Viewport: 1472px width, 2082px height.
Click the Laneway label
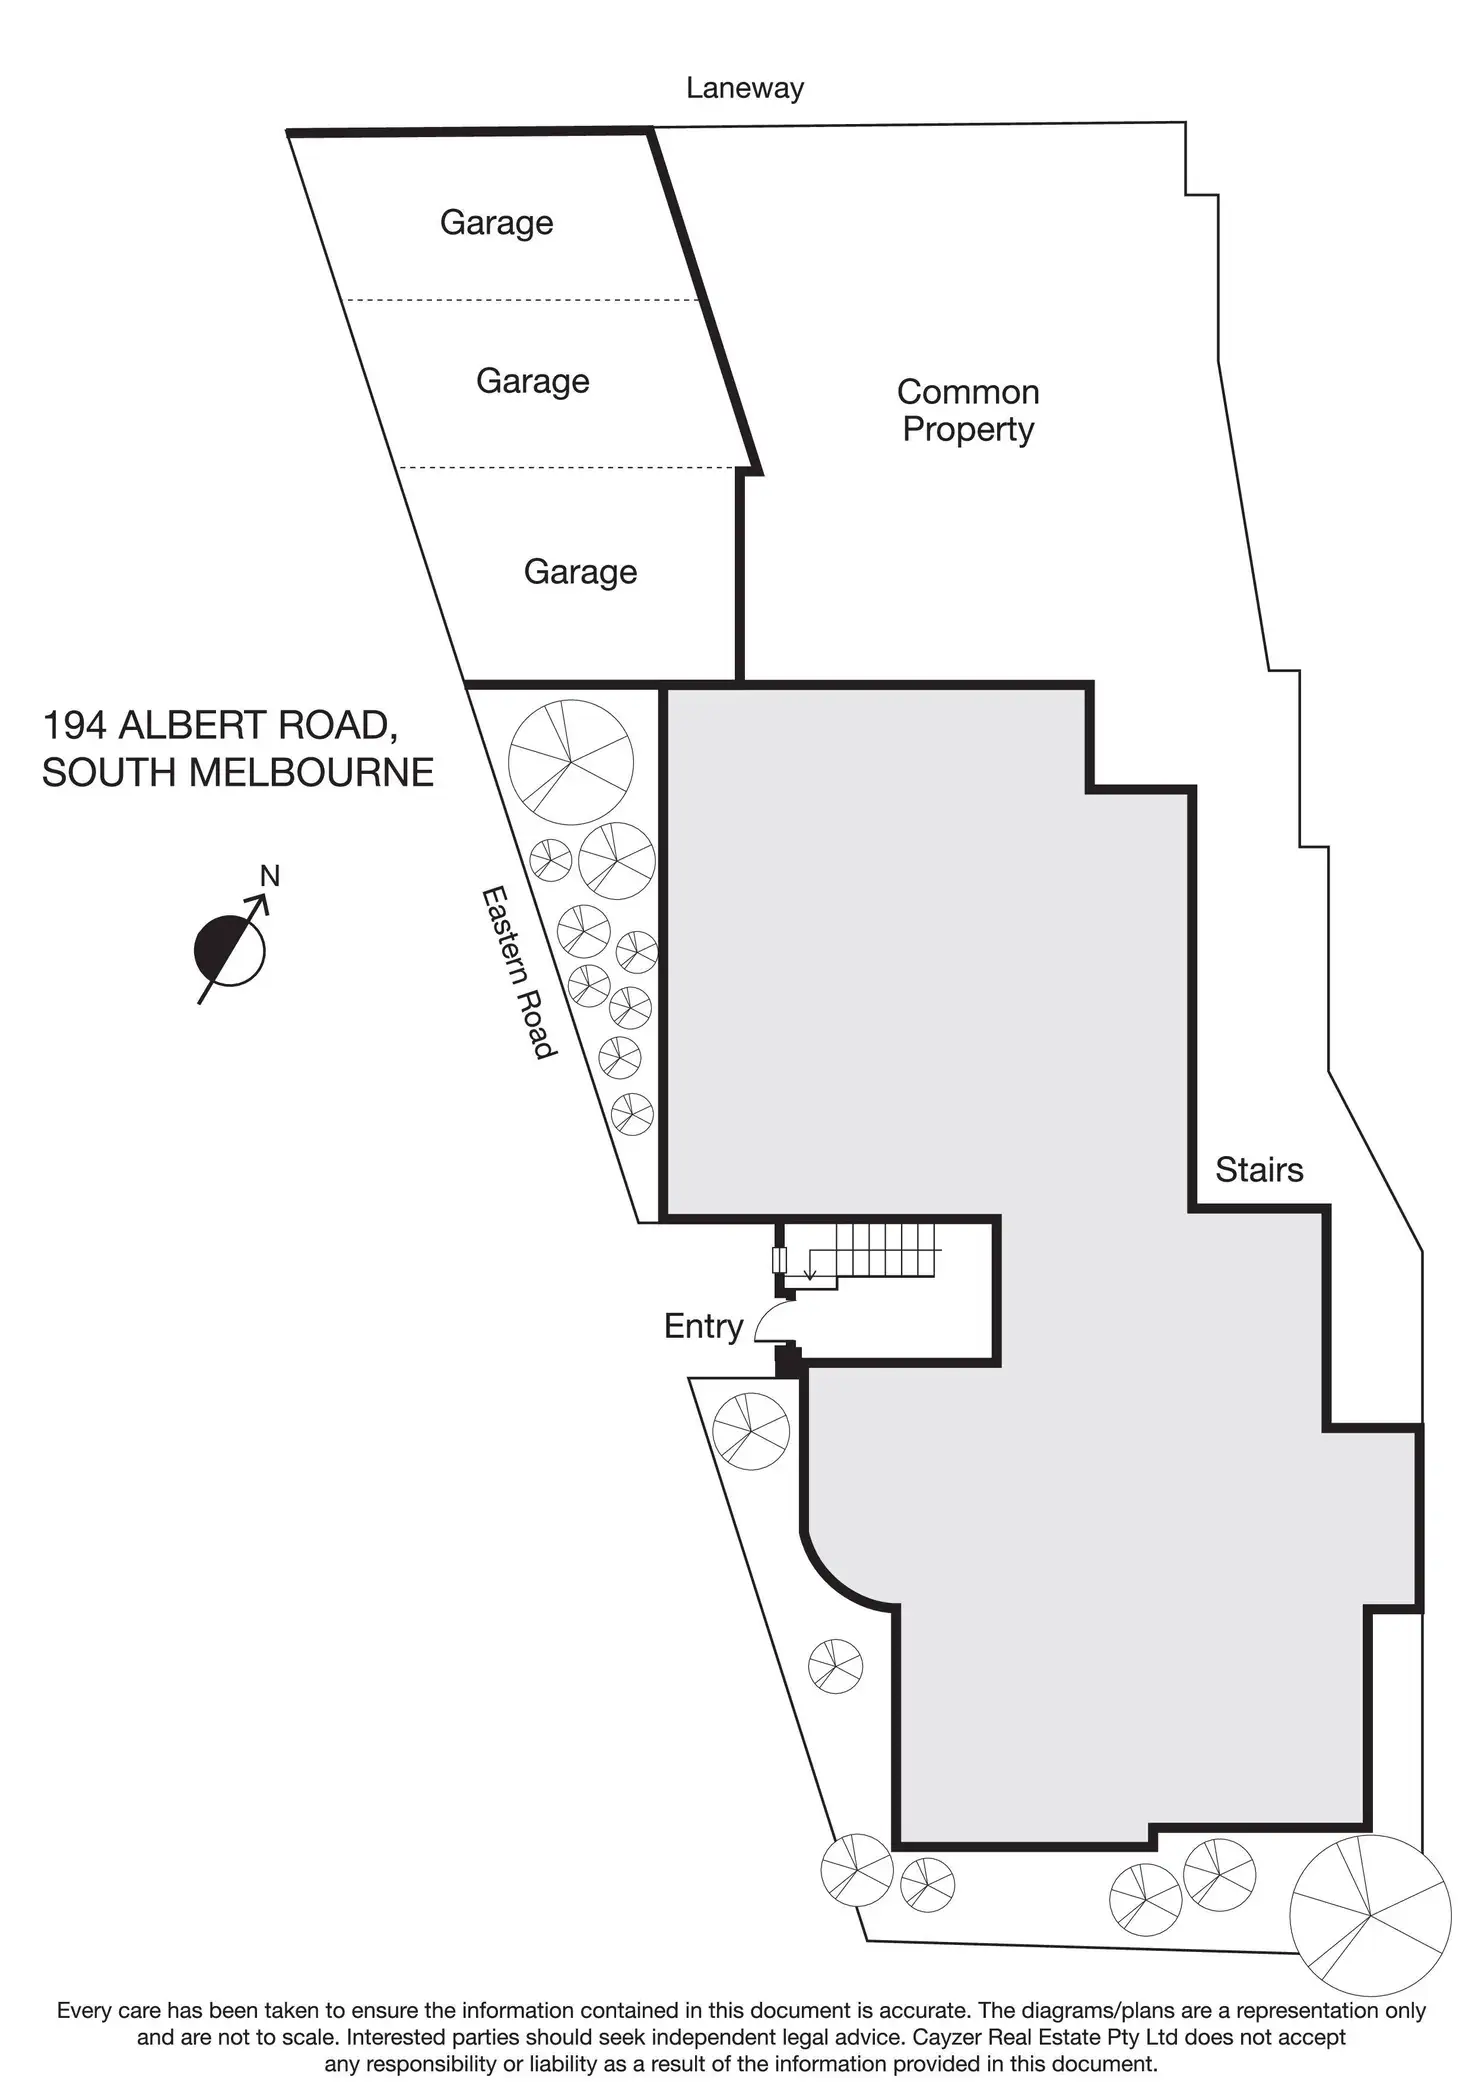744,88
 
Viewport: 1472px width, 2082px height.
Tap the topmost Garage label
496,222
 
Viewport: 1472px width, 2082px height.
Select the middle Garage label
532,381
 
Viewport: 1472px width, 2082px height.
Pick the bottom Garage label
580,571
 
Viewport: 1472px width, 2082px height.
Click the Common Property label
967,410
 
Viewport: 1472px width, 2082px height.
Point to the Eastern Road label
518,971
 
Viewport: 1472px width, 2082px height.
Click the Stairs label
1259,1169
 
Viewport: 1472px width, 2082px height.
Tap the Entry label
703,1326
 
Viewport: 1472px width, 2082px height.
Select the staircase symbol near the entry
870,1252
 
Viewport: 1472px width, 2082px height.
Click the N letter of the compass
269,876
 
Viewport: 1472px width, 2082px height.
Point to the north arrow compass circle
230,950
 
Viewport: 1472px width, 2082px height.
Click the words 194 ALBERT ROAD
220,725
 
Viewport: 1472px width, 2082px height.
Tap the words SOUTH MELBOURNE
238,772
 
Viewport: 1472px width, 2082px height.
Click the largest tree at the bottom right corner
1369,1914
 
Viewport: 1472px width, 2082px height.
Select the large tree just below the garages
570,762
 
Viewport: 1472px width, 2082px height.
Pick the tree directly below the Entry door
751,1431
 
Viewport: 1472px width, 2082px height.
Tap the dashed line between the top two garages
520,300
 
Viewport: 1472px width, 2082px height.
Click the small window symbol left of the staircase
779,1260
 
